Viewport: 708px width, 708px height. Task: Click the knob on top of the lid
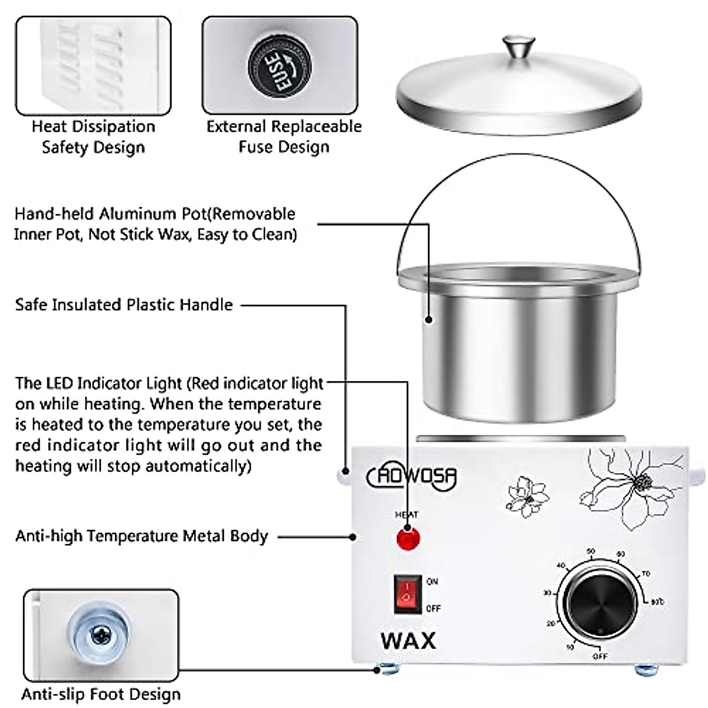[x=519, y=47]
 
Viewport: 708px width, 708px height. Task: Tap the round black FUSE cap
[x=279, y=65]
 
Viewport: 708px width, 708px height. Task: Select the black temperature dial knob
[x=599, y=602]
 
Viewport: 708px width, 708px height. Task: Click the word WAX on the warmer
[x=408, y=640]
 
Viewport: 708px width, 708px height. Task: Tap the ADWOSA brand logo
[x=412, y=476]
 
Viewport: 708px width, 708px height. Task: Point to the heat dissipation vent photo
[x=93, y=65]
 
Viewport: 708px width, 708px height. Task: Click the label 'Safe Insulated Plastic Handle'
[x=124, y=305]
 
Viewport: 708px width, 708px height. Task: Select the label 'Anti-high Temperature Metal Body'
[x=142, y=536]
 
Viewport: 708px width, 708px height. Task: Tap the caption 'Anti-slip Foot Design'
[x=101, y=694]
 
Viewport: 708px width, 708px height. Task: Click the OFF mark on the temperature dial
[x=599, y=656]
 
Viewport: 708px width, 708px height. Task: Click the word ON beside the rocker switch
[x=432, y=581]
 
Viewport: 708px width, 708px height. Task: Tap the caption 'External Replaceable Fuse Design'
[x=284, y=136]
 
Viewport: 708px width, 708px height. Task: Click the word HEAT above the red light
[x=406, y=515]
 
